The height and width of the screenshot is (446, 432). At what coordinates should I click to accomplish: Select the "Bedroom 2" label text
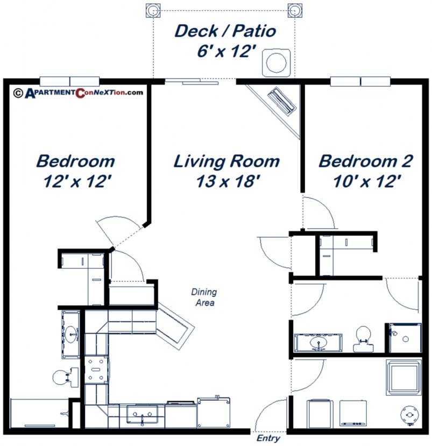366,161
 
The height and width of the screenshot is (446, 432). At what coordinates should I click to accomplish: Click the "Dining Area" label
204,298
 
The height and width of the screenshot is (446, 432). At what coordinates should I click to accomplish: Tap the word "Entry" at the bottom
268,438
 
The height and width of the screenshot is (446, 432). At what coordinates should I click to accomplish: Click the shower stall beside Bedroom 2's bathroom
403,337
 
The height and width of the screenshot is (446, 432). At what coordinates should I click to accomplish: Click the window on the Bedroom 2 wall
360,82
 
